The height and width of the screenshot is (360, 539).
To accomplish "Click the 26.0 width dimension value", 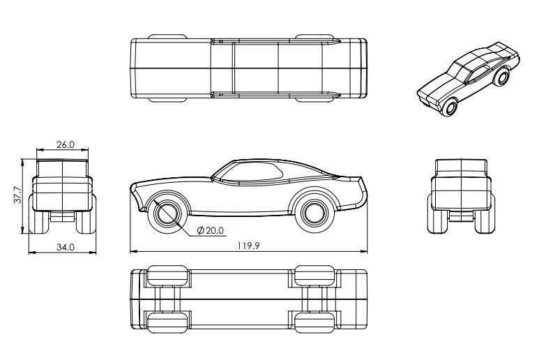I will click(x=65, y=144).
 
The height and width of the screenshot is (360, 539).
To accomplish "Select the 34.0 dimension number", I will click(x=65, y=246).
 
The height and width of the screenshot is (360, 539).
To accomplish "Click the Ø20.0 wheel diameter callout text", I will click(x=210, y=230).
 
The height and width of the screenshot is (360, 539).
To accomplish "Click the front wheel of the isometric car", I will click(x=450, y=107).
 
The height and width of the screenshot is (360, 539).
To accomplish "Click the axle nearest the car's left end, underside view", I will click(x=167, y=299).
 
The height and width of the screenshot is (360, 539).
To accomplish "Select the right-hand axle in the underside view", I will click(x=314, y=299).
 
